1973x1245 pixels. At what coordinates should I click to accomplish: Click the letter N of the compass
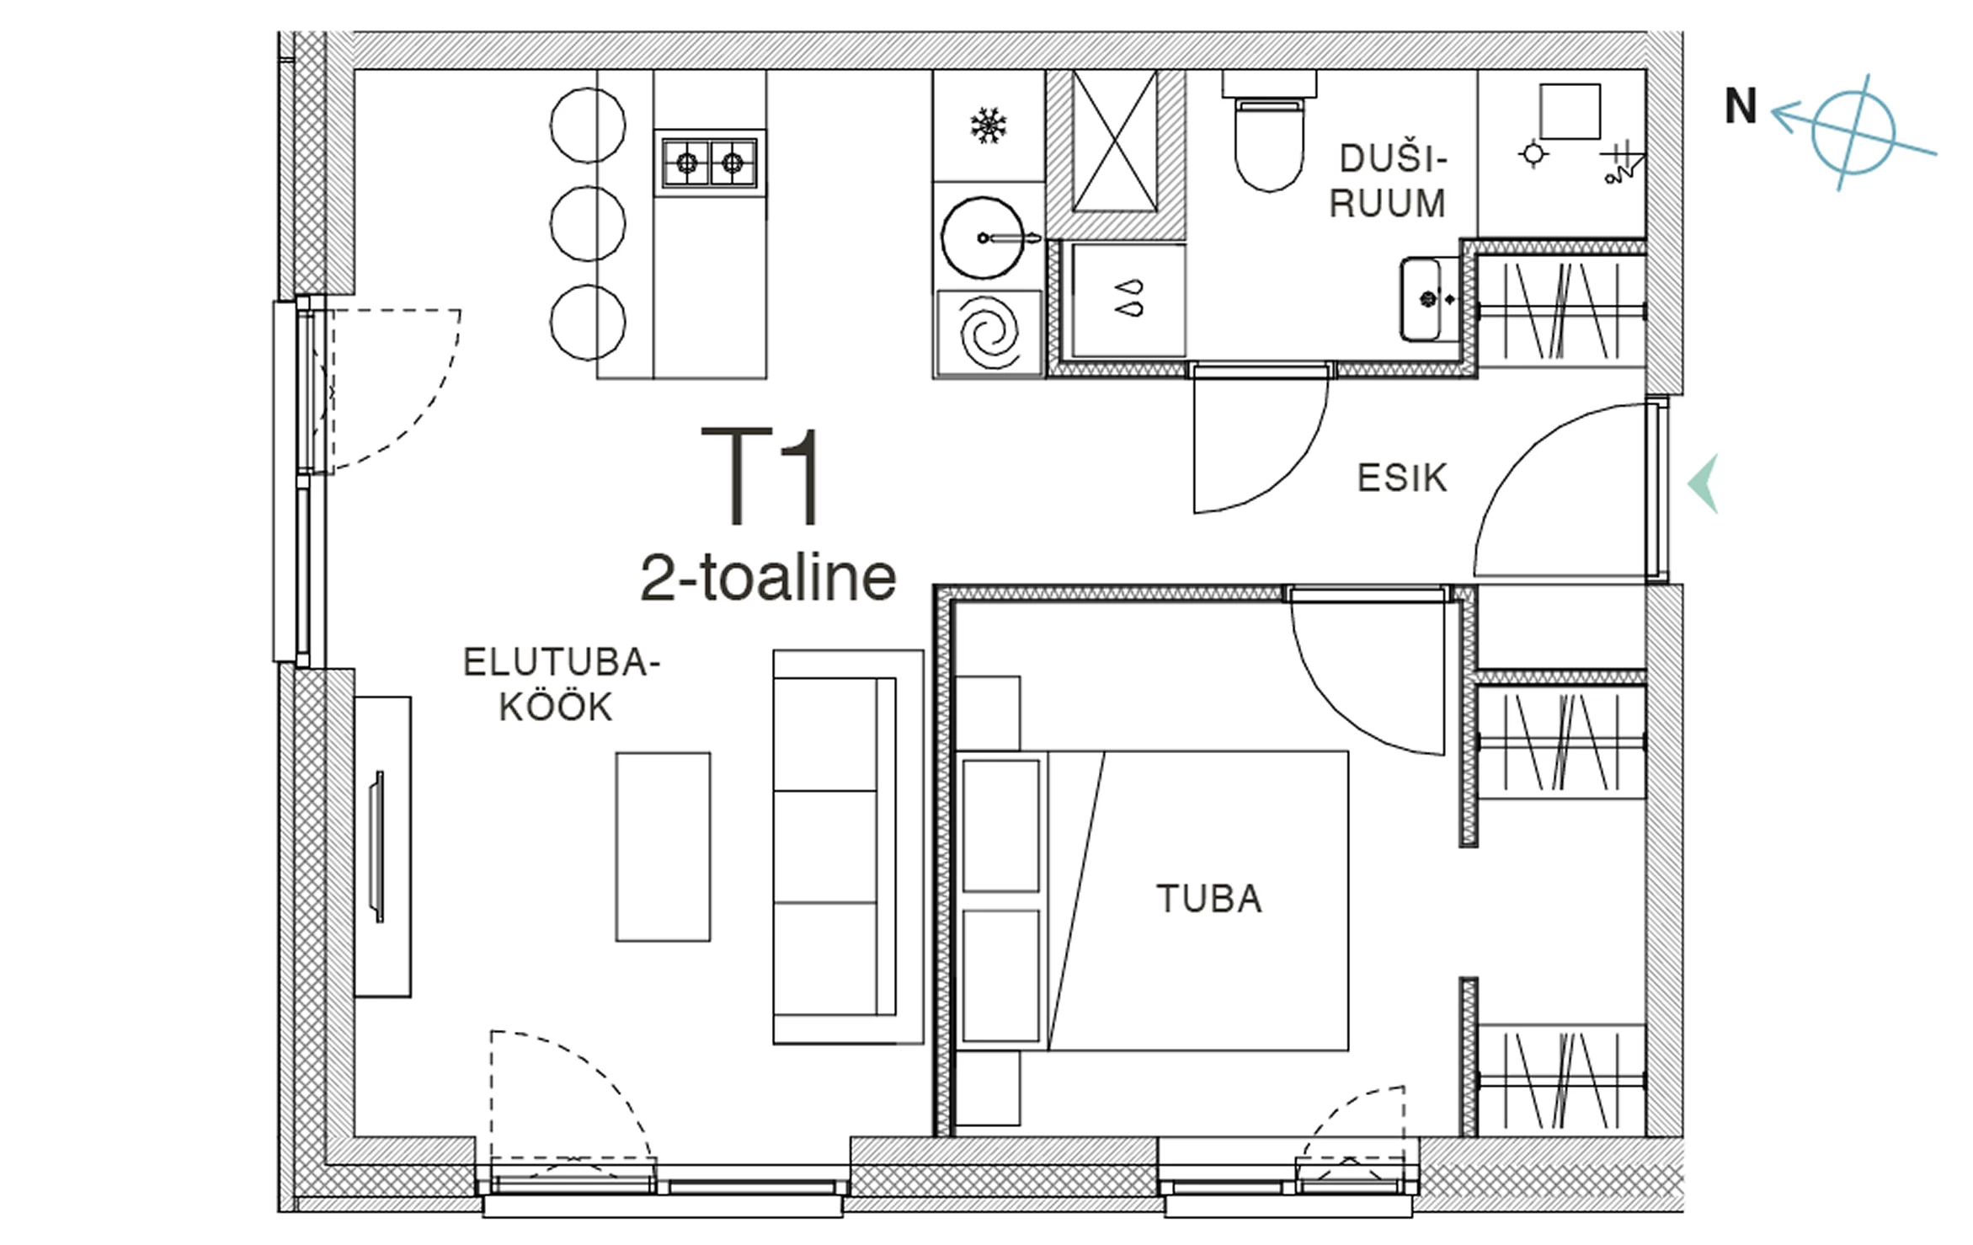click(x=1741, y=106)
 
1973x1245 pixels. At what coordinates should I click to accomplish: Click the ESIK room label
click(x=1402, y=478)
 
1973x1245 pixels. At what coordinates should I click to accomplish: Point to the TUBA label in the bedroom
click(x=1209, y=899)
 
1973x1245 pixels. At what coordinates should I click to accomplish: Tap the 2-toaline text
click(x=768, y=578)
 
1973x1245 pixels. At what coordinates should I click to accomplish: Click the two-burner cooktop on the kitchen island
click(x=710, y=163)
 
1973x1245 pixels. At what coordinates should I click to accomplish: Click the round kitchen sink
click(x=982, y=238)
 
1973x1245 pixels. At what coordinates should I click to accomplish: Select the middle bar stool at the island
click(x=588, y=223)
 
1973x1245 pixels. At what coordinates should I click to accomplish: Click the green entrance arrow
click(x=1704, y=484)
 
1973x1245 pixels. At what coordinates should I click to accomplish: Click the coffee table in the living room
click(x=663, y=847)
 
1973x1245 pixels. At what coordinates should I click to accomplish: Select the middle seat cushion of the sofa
click(x=825, y=847)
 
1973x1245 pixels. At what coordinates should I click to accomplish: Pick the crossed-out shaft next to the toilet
click(x=1115, y=141)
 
